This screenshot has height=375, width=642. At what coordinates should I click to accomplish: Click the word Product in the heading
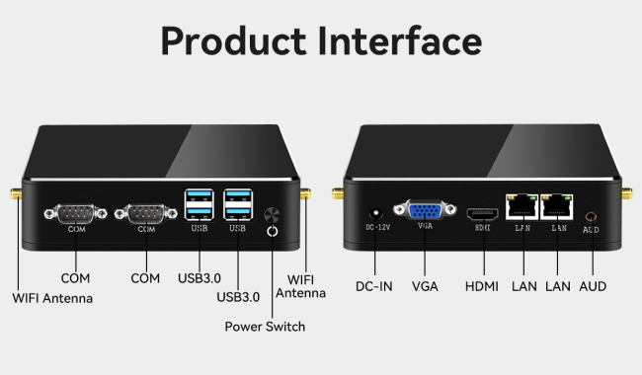pyautogui.click(x=229, y=42)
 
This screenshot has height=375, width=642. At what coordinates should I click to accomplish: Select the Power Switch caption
pyautogui.click(x=265, y=327)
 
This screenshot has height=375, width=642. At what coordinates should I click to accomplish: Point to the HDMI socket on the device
pyautogui.click(x=481, y=213)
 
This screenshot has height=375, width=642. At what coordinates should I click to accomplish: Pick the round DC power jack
pyautogui.click(x=374, y=214)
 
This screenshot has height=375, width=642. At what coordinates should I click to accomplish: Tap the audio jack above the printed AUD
pyautogui.click(x=591, y=215)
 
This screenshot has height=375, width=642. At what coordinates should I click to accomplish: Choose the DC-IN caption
pyautogui.click(x=375, y=287)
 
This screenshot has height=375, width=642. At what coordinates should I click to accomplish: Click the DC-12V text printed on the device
pyautogui.click(x=378, y=229)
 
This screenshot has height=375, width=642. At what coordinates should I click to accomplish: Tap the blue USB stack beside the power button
pyautogui.click(x=238, y=204)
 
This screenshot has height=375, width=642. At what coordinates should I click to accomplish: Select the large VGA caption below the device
pyautogui.click(x=426, y=287)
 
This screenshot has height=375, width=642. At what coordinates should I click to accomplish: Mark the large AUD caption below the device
pyautogui.click(x=593, y=287)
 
